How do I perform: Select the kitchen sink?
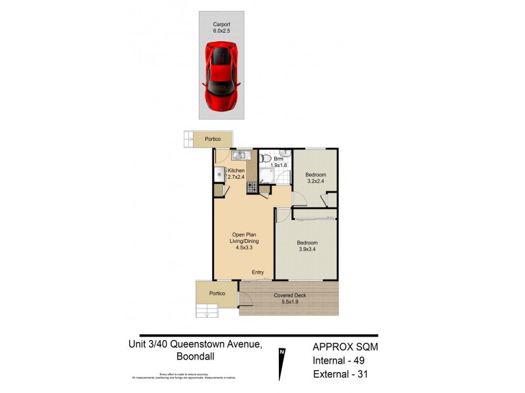[x=239, y=156]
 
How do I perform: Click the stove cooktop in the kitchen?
[x=252, y=187]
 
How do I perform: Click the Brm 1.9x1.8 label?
[x=280, y=162]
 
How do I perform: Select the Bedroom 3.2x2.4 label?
[x=316, y=178]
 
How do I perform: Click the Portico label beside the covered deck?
[x=217, y=293]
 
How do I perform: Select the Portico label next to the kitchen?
[x=213, y=139]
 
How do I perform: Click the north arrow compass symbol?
[x=282, y=364]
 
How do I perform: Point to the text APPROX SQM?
[x=344, y=347]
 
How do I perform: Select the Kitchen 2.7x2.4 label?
[x=236, y=174]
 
